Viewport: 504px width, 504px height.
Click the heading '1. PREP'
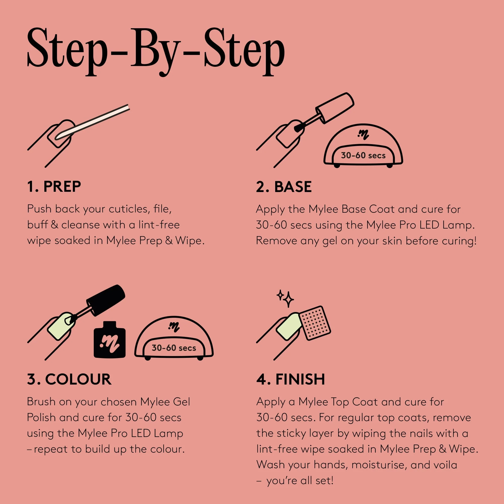point(54,186)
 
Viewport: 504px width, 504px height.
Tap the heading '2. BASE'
point(284,187)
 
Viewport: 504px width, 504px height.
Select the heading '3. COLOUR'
point(69,379)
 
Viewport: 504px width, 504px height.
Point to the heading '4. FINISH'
point(291,379)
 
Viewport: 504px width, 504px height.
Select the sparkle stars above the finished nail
point(286,298)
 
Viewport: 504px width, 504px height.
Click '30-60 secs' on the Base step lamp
point(363,155)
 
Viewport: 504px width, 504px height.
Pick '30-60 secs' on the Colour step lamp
point(174,348)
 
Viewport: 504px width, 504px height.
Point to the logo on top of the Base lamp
point(363,135)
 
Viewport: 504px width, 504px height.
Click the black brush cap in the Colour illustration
point(106,300)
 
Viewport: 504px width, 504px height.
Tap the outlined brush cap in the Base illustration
point(335,107)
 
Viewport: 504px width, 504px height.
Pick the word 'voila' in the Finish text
point(445,465)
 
